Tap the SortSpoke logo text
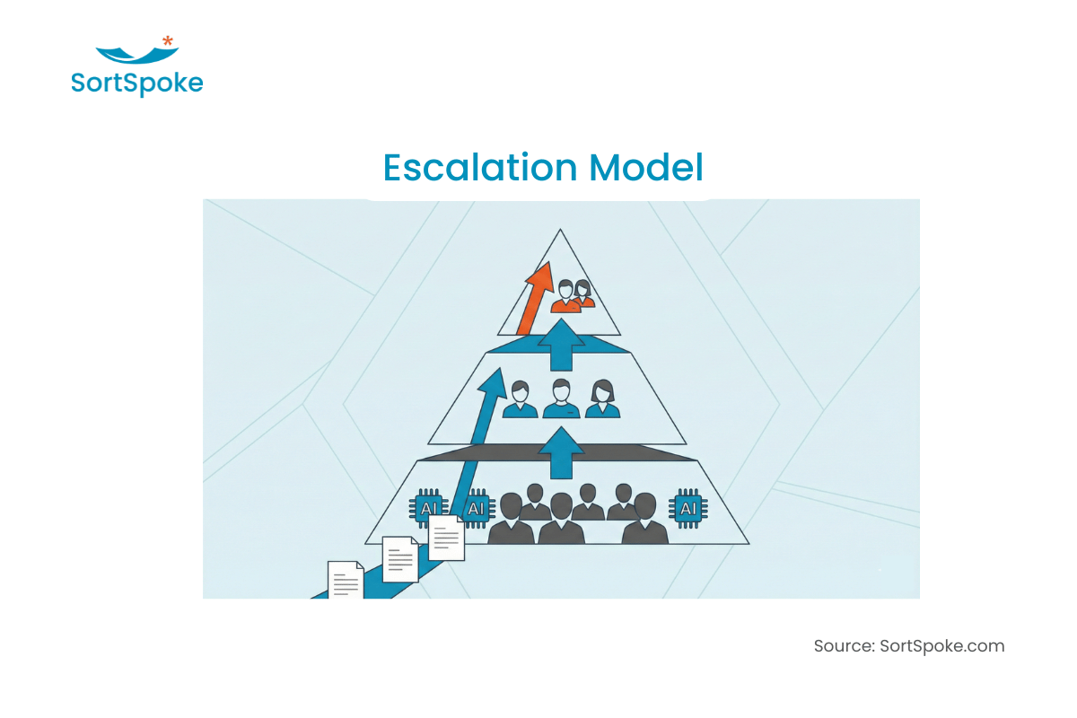click(137, 83)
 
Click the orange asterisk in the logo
click(167, 40)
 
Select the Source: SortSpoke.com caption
click(908, 646)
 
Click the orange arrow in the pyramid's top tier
click(535, 298)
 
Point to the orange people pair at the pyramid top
click(573, 296)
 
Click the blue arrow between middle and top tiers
click(561, 345)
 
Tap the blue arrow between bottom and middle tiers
click(561, 453)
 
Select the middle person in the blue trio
click(561, 398)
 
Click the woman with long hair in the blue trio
click(602, 398)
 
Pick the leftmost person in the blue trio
click(520, 399)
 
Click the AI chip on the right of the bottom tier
click(688, 508)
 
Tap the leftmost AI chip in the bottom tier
click(428, 508)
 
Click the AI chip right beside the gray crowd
click(476, 508)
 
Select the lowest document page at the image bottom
click(346, 580)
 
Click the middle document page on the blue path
click(400, 559)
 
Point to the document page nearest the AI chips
click(446, 538)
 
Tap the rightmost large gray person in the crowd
click(644, 519)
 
